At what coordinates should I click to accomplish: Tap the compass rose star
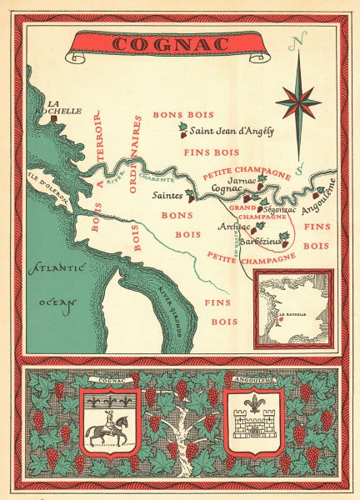(x=298, y=102)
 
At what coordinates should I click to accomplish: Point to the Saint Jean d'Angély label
(x=232, y=131)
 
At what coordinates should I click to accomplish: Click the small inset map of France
(x=293, y=307)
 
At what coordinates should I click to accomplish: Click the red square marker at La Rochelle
(x=55, y=119)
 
